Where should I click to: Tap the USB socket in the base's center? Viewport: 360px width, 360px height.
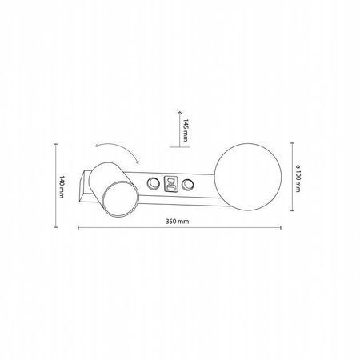pos(170,185)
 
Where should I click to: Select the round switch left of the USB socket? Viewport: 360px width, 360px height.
pos(152,186)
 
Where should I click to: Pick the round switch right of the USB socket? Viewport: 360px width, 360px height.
pos(189,186)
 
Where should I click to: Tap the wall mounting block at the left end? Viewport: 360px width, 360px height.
pos(85,186)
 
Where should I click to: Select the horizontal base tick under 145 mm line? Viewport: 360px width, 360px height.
pos(177,147)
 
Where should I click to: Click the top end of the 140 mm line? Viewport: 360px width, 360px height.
pos(54,145)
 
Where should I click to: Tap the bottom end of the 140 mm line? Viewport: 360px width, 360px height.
pos(54,220)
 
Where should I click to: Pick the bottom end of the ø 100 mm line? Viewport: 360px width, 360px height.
pos(290,214)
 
